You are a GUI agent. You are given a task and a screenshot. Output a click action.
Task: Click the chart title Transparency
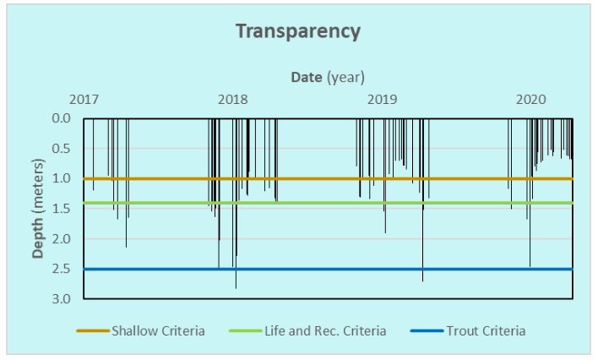pos(298,32)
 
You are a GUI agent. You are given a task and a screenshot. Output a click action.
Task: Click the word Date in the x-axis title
pos(307,77)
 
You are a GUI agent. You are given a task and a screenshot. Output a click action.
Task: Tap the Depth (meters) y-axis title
pos(38,208)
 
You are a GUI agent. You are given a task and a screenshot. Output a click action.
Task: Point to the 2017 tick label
pos(84,100)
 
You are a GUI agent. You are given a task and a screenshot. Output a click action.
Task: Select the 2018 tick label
pos(233,100)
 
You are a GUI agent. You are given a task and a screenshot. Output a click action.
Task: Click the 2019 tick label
pos(383,100)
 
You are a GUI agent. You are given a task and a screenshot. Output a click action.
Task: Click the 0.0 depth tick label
pos(62,118)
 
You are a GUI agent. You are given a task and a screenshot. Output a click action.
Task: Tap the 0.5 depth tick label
pos(62,149)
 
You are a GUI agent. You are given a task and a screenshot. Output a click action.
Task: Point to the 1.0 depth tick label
pos(62,179)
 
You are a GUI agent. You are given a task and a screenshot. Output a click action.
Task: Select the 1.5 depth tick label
pos(62,209)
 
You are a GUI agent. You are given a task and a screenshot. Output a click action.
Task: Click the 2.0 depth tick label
pos(62,239)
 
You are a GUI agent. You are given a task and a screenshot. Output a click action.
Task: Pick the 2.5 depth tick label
pos(62,270)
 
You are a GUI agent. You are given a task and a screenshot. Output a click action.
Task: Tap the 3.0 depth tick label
pos(62,299)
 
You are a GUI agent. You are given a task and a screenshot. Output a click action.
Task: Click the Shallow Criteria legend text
pos(158,330)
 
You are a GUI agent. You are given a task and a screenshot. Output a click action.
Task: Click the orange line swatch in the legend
pos(93,330)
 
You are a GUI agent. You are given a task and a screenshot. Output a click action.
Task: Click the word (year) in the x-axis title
pos(346,77)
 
